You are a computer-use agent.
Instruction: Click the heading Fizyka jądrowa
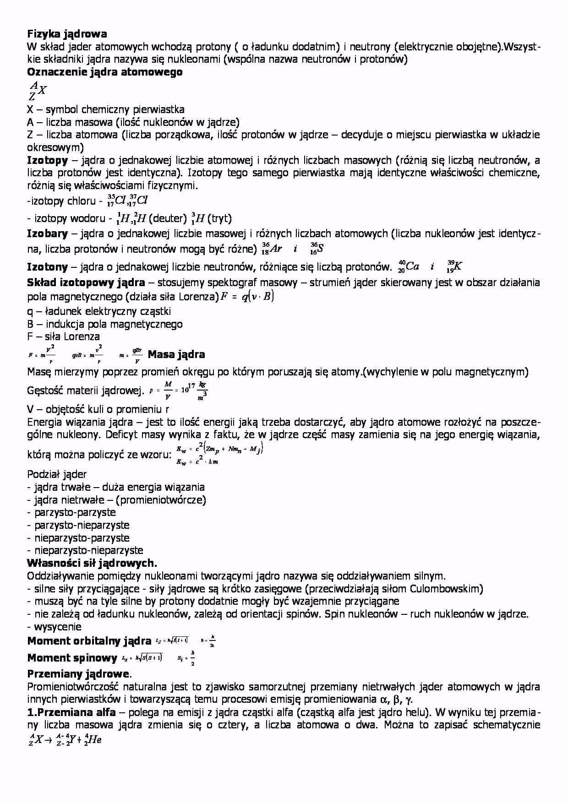(67, 34)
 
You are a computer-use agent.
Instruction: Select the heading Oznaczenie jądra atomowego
(105, 72)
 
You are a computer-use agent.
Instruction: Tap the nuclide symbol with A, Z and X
(37, 90)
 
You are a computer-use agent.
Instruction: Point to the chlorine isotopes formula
(127, 201)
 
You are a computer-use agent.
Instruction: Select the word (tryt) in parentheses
(219, 218)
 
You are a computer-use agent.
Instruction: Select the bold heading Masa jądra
(176, 354)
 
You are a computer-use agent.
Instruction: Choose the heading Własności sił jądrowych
(92, 563)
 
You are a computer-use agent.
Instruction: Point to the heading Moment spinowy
(72, 658)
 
